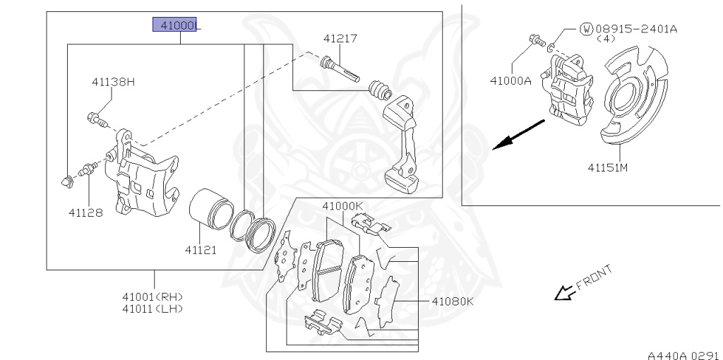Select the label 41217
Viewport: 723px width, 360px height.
[341, 38]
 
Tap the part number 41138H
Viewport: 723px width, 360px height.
[112, 82]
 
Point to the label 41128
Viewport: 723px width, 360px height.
[85, 211]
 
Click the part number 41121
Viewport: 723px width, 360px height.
[202, 249]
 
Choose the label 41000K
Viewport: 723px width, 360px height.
[342, 206]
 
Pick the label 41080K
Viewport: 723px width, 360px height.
[452, 301]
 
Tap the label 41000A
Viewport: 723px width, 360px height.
[510, 80]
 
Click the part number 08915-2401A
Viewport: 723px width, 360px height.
[635, 29]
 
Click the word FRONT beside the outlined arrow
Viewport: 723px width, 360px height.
[593, 277]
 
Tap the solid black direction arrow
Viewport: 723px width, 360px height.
[518, 134]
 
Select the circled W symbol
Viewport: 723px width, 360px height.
[586, 29]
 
